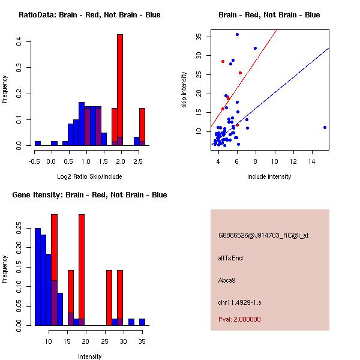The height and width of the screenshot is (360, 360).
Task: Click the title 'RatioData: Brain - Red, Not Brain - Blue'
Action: click(x=89, y=15)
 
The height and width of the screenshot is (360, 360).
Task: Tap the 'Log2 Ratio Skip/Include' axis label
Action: click(x=88, y=176)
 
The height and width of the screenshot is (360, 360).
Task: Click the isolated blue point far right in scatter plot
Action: click(x=325, y=127)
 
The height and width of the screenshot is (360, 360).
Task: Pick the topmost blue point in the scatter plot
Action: click(x=237, y=34)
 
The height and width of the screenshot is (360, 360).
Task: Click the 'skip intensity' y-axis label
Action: click(x=185, y=90)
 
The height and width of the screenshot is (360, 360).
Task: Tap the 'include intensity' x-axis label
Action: click(x=269, y=176)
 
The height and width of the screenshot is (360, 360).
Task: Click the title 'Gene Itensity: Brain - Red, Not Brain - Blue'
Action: click(x=89, y=195)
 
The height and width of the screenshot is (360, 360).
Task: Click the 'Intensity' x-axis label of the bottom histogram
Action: click(x=90, y=356)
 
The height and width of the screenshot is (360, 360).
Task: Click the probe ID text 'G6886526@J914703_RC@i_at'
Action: click(x=263, y=236)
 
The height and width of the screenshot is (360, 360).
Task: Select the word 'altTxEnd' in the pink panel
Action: click(x=230, y=258)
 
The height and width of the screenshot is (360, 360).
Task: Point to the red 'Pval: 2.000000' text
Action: click(x=239, y=319)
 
